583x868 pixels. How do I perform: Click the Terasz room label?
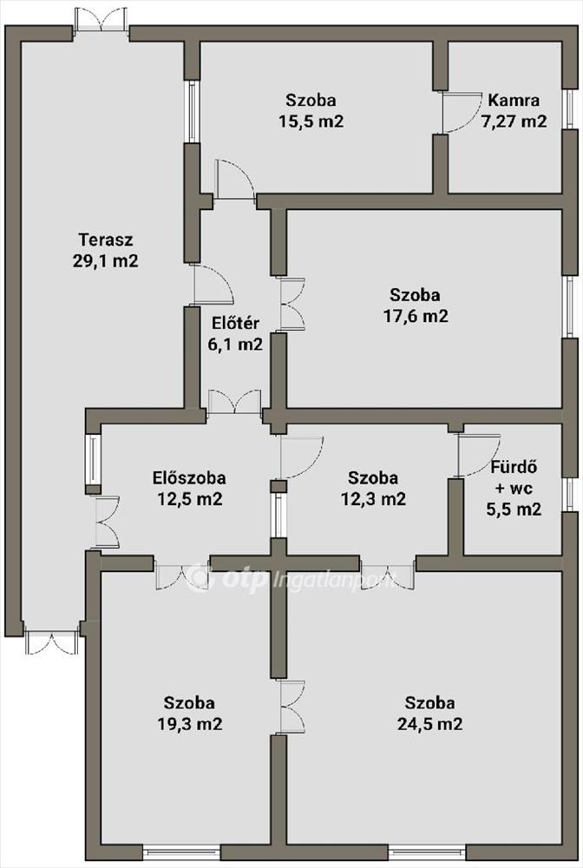coord(106,240)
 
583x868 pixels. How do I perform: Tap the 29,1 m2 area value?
coord(106,260)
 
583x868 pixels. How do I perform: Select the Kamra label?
coord(514,100)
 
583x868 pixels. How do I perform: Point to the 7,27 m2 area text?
coord(514,122)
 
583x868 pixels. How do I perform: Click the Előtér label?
coord(235,323)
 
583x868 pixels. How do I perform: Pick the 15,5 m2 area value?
coord(311,122)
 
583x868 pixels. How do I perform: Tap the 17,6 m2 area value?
coord(416,316)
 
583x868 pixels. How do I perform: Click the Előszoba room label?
coord(189,477)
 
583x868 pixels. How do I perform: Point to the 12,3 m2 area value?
coord(373,499)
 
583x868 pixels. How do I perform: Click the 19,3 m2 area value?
coord(190,724)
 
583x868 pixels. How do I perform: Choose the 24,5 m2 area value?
coord(430,724)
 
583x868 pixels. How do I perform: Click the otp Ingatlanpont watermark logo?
coord(291,578)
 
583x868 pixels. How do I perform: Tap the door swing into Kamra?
coord(461,112)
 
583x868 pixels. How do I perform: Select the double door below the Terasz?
coord(51,642)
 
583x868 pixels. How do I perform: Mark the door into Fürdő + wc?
coord(478,455)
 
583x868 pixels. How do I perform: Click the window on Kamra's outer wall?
coord(568,109)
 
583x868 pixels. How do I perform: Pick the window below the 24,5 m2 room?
coord(427,853)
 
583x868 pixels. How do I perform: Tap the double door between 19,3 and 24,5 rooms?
coord(292,707)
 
